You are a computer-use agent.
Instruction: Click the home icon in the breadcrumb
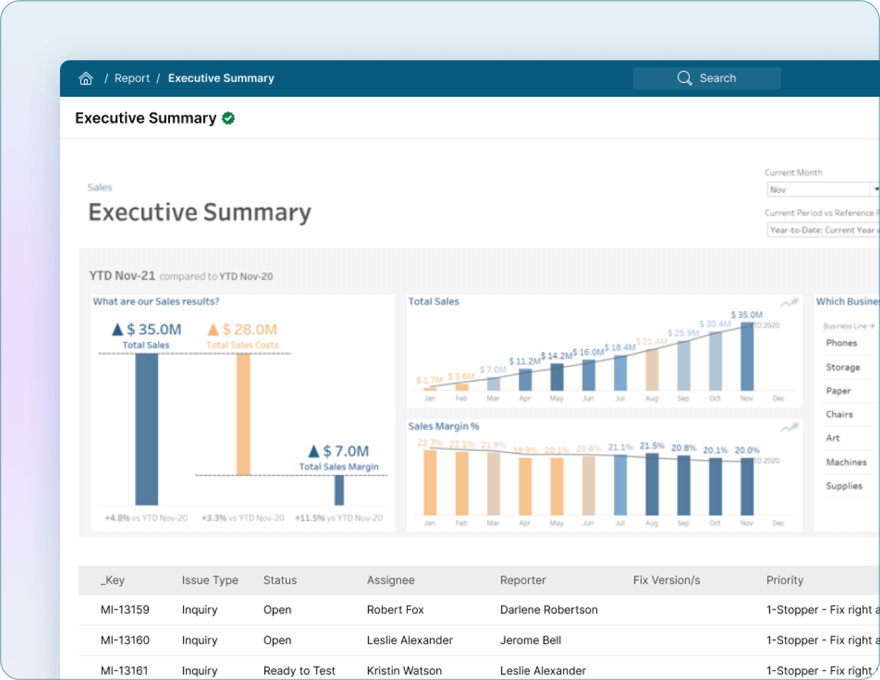coord(86,78)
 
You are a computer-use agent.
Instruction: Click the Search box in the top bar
coord(706,78)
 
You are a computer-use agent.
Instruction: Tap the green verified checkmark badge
coord(228,118)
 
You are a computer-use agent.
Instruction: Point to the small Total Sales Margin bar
coord(339,490)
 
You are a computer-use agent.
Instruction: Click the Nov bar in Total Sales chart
coord(746,357)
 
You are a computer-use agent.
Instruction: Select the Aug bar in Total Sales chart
coord(651,369)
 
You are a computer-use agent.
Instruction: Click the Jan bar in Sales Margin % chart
coord(430,482)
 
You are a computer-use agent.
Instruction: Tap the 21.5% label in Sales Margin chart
coord(652,446)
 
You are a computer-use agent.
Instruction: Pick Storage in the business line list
coord(842,367)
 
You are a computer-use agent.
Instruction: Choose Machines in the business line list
coord(846,462)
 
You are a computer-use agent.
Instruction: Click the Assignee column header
coord(391,580)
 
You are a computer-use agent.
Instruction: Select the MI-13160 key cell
coord(125,640)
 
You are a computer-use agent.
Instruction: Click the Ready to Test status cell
coord(299,671)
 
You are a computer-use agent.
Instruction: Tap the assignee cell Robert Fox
coord(395,609)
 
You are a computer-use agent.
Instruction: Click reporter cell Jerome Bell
coord(530,640)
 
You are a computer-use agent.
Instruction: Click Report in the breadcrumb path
coord(132,78)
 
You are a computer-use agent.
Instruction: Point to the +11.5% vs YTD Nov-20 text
coord(339,518)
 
